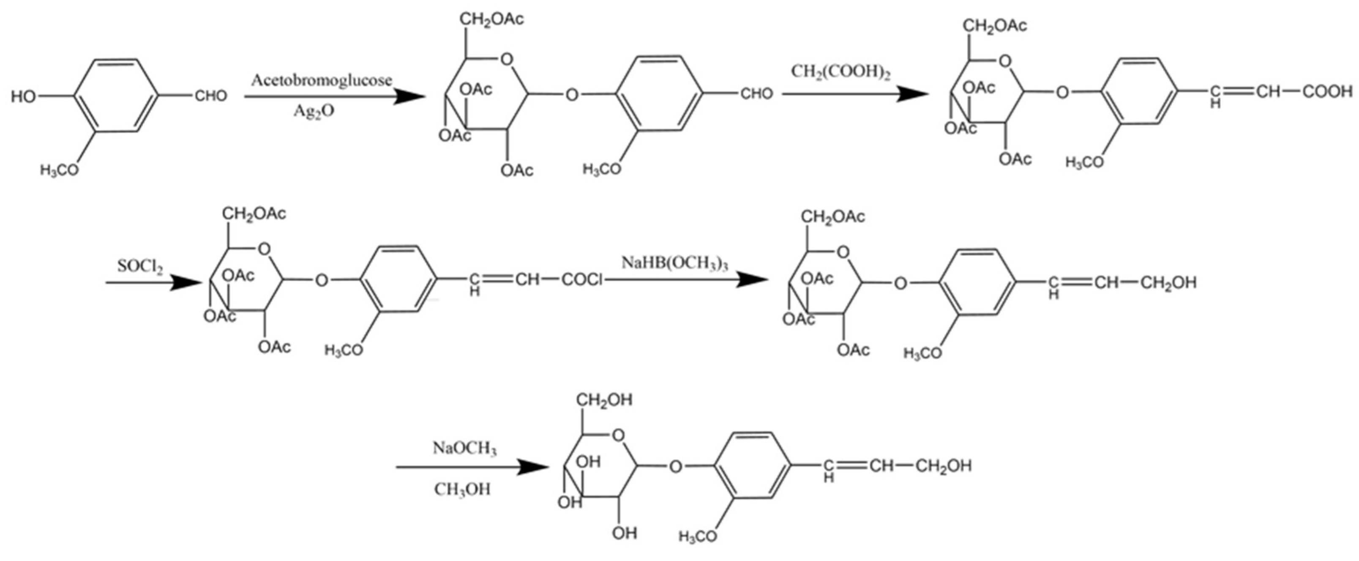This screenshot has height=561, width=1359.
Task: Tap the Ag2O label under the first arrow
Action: coord(314,112)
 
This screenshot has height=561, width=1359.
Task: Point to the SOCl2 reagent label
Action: coord(140,266)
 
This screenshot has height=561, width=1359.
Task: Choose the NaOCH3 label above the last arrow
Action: coord(465,449)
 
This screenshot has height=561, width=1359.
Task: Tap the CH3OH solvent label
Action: coord(462,490)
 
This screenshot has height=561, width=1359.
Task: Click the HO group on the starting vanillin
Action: coord(24,96)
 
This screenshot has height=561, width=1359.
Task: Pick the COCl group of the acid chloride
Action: coord(581,280)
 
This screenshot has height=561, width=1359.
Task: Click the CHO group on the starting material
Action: coord(210,96)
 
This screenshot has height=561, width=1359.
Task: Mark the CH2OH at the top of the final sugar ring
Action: coord(603,400)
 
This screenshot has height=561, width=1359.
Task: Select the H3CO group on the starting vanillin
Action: coord(59,170)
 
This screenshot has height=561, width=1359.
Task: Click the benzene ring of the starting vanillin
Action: coord(115,96)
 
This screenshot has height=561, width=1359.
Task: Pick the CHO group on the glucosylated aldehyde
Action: coord(756,94)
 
